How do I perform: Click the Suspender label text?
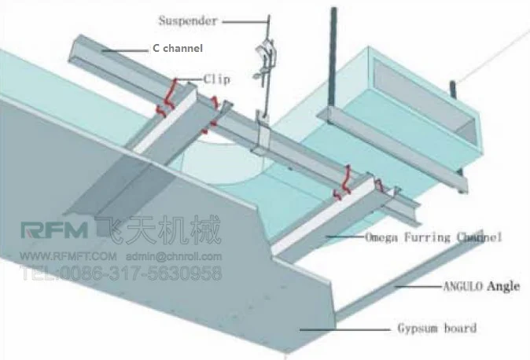(187, 21)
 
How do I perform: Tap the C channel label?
(177, 49)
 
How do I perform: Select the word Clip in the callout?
(216, 79)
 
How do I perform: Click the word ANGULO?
(459, 287)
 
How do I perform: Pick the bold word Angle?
(503, 286)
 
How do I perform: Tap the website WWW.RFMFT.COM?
(68, 256)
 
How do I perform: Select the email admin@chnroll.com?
(174, 256)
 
